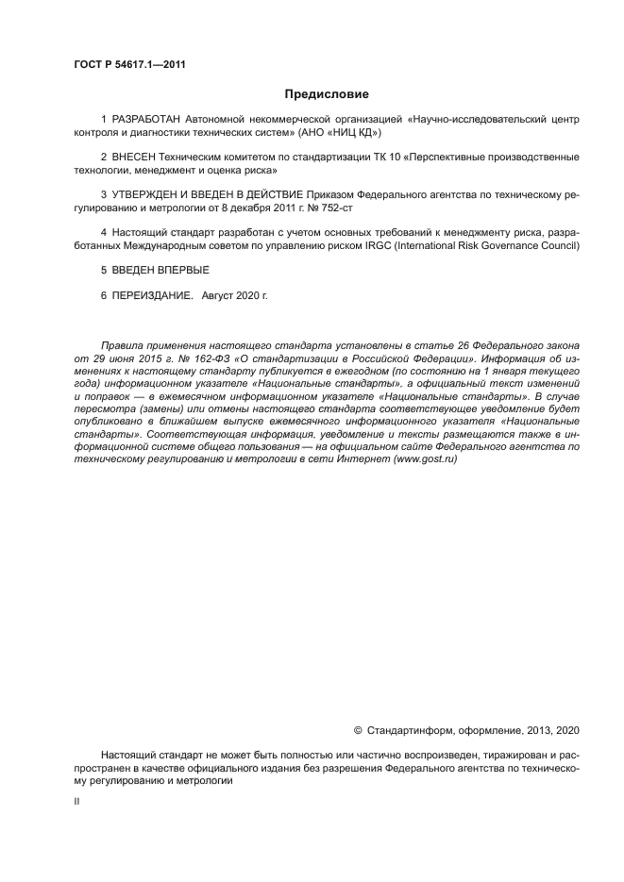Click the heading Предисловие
[x=327, y=94]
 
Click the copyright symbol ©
[x=358, y=730]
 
